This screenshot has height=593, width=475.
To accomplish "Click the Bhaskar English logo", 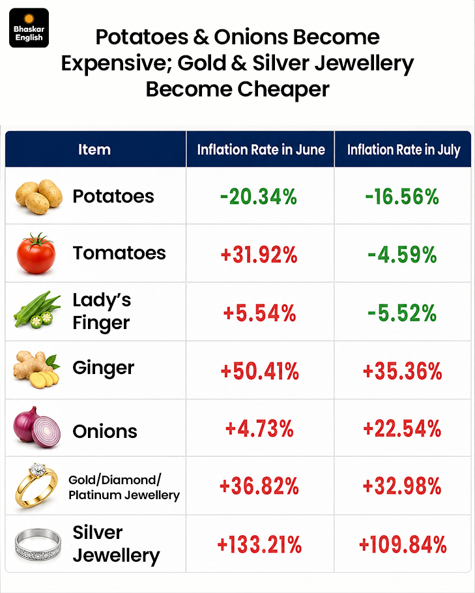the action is click(29, 28).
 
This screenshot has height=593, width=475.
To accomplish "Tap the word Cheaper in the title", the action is click(283, 90).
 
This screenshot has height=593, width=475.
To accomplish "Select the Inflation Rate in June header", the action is click(261, 150).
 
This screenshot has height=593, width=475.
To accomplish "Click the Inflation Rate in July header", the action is click(403, 150).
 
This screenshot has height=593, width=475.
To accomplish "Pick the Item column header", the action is click(94, 149).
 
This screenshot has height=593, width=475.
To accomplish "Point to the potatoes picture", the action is click(38, 196).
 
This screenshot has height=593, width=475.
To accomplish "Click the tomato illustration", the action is click(36, 253).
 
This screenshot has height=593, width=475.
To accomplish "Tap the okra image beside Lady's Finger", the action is click(37, 310).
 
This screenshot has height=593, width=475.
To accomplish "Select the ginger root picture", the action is click(36, 369).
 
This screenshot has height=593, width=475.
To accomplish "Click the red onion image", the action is click(37, 427).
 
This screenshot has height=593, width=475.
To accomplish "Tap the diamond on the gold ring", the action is click(37, 470).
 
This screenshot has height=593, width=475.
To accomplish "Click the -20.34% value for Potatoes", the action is click(259, 197).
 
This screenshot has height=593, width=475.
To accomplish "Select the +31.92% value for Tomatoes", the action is click(259, 255).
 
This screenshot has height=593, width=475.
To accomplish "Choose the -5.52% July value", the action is click(402, 313).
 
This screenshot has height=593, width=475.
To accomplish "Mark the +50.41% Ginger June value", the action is click(260, 371).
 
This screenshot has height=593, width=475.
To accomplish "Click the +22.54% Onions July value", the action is click(402, 429).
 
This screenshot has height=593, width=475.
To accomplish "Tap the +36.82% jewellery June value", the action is click(259, 486).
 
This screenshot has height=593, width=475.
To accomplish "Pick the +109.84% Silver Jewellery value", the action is click(403, 545).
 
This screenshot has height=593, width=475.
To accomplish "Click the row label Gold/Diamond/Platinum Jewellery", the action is click(124, 487).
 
